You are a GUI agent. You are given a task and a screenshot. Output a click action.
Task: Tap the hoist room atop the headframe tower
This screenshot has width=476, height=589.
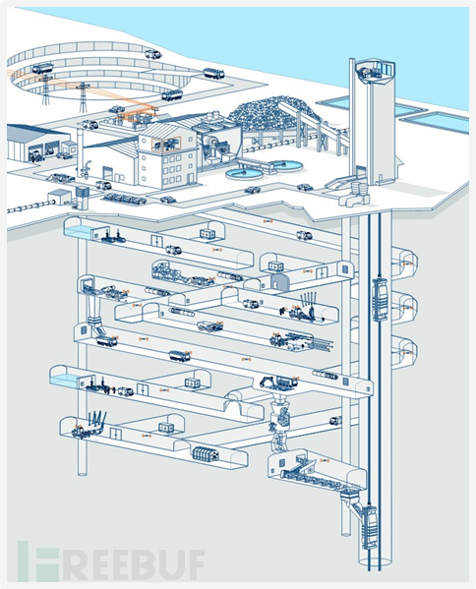(374, 72)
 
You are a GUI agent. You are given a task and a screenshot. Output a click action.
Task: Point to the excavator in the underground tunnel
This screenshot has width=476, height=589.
(279, 383)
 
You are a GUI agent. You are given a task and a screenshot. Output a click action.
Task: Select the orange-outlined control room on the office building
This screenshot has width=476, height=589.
(166, 144)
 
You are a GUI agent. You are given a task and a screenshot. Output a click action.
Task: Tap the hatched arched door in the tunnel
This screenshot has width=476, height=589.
(279, 282)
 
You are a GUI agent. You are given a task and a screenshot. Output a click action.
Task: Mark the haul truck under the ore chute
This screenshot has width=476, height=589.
(106, 341)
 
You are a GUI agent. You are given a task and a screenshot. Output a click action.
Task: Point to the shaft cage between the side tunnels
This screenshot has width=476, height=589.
(381, 299)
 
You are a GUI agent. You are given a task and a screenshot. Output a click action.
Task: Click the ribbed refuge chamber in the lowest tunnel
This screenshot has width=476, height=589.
(206, 453)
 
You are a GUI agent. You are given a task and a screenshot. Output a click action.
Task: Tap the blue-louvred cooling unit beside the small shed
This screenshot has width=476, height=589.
(83, 197)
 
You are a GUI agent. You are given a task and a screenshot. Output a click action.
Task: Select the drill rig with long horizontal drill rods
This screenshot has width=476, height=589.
(301, 340)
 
